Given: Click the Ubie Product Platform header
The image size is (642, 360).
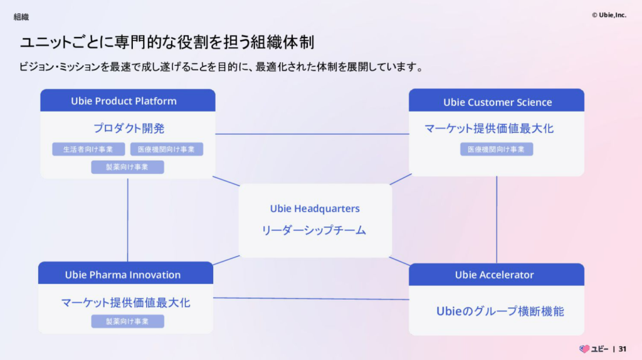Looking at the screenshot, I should tap(127, 101).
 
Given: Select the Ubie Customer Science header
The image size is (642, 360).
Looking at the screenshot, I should tap(497, 102).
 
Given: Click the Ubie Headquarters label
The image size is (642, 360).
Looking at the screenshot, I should tap(315, 208).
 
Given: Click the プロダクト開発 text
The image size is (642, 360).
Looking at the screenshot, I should tap(129, 128).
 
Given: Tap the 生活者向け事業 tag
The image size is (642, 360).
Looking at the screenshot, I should tap(88, 149).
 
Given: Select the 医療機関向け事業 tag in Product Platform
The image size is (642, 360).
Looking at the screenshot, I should tap(166, 149).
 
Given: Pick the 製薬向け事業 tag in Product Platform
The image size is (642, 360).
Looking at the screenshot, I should tap(127, 167).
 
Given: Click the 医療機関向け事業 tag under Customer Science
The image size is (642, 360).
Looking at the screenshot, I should tap(497, 149).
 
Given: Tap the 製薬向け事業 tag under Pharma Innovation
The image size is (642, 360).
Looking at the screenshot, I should tap(127, 321).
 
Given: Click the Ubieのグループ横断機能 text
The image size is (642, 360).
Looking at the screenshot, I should tap(500, 311).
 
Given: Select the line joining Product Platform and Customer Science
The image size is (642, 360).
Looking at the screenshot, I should tap(312, 134).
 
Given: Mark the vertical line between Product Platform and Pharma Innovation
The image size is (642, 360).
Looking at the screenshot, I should tap(128, 220).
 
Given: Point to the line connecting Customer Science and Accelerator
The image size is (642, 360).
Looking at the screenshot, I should tap(497, 220).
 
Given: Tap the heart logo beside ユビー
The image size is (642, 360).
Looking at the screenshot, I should tap(584, 349).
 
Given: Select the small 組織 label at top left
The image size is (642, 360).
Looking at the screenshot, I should tap(21, 17).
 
